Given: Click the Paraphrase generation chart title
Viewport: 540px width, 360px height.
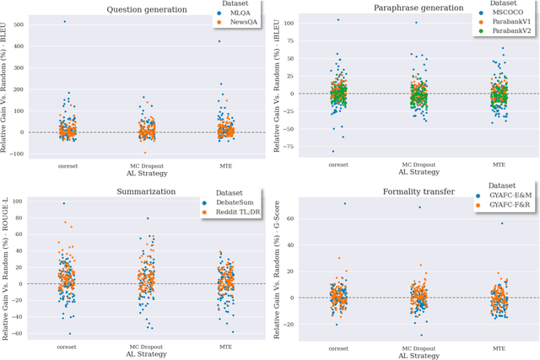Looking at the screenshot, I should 408,8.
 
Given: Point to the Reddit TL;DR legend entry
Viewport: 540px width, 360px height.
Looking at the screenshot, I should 235,212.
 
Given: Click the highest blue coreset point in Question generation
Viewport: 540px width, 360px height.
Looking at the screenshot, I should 64,21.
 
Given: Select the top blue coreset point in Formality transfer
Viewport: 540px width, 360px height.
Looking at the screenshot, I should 343,203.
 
